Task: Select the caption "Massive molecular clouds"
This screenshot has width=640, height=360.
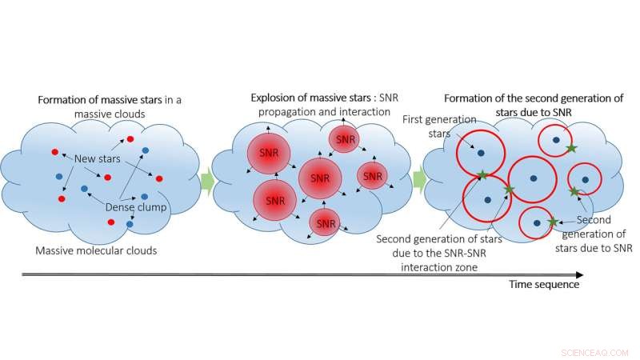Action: [95, 250]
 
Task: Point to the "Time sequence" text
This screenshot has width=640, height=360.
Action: [543, 284]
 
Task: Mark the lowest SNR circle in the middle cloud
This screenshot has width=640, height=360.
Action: [326, 223]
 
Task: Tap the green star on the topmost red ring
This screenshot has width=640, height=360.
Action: [570, 148]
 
